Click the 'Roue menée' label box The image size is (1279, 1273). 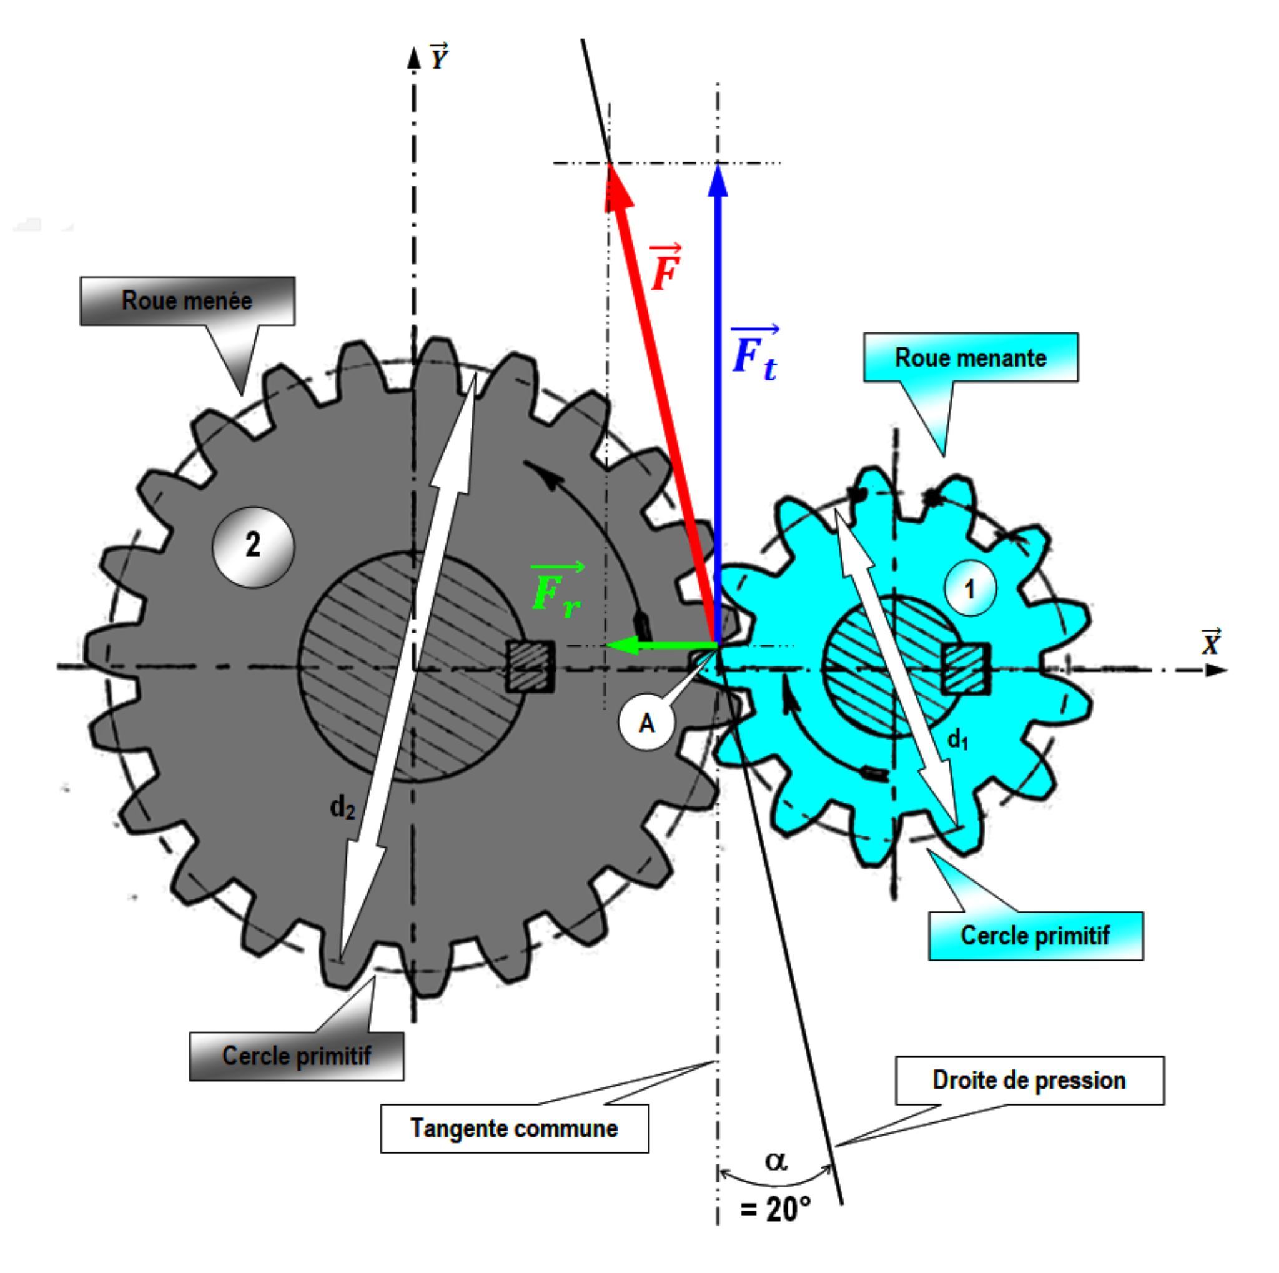[187, 301]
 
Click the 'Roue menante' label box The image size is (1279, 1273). [970, 358]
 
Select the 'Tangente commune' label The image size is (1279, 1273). [515, 1128]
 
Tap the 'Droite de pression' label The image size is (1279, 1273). [1029, 1081]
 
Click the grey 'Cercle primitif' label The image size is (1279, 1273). [297, 1056]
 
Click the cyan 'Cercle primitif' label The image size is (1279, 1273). [1035, 936]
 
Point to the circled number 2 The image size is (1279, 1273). [253, 546]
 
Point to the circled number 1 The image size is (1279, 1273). [970, 588]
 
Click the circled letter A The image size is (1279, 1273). [647, 723]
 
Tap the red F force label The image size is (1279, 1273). [666, 268]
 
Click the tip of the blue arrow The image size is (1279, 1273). [718, 169]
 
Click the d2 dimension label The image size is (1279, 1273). [342, 808]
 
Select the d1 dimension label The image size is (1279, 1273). [957, 739]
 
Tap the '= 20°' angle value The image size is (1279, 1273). [776, 1209]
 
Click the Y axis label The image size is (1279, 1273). [438, 57]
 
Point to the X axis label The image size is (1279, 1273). [1211, 642]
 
